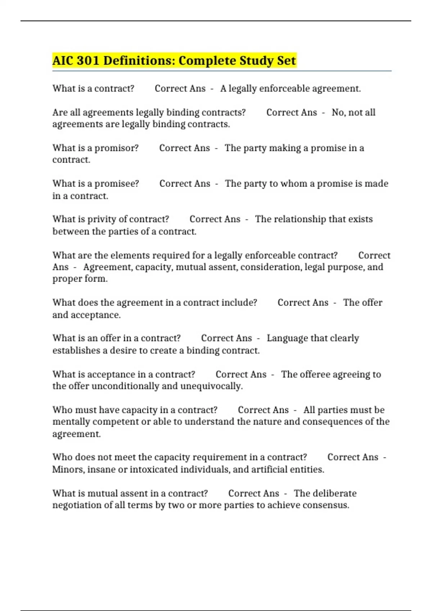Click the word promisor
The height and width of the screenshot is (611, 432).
pyautogui.click(x=116, y=148)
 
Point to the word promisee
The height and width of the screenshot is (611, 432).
pyautogui.click(x=116, y=184)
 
